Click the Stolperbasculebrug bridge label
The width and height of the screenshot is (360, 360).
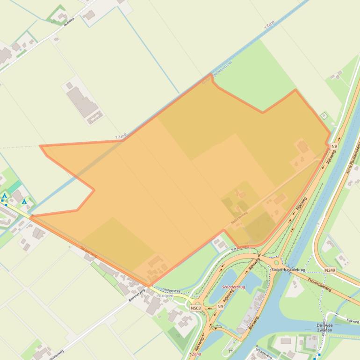288,270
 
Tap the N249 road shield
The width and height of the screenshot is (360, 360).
330,270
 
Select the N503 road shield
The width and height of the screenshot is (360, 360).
195,308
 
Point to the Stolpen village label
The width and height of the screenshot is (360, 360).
166,295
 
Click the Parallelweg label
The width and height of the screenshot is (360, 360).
241,247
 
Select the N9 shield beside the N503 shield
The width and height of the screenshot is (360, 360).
220,307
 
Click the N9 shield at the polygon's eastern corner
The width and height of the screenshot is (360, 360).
333,146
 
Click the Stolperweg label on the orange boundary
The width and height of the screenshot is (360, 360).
89,252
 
